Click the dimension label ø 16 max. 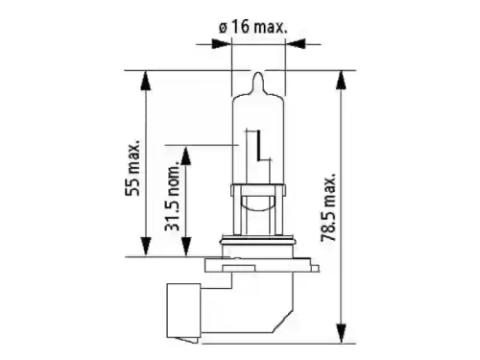click(253, 27)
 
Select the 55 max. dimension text click(132, 167)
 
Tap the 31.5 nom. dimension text click(173, 198)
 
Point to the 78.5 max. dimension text click(328, 207)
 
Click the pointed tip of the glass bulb click(258, 72)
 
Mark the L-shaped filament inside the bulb click(260, 146)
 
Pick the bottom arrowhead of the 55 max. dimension click(146, 247)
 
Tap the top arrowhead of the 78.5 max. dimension click(342, 80)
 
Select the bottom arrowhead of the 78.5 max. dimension click(342, 333)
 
